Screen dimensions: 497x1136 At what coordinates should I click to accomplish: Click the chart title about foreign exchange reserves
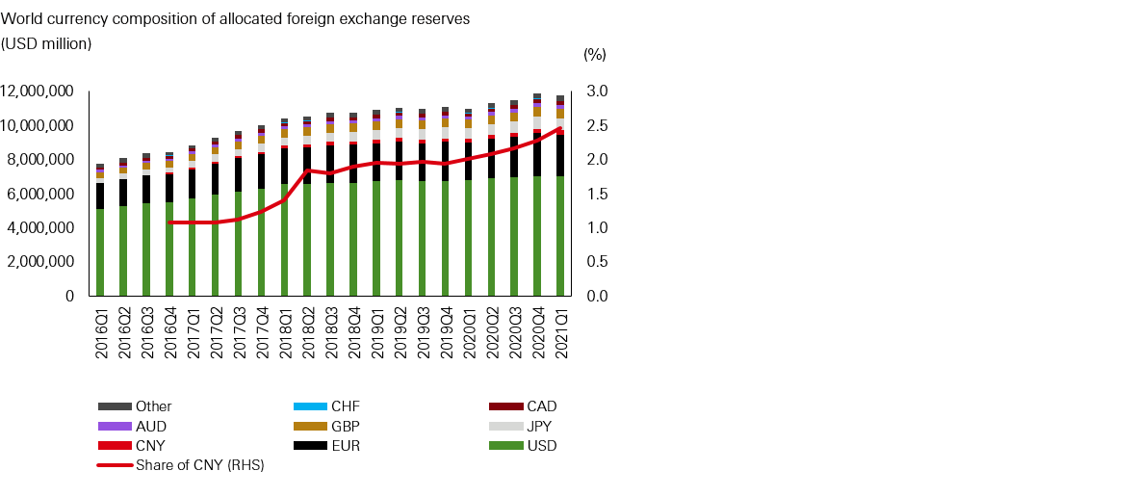pyautogui.click(x=243, y=19)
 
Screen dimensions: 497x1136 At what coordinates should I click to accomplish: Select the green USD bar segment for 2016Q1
pyautogui.click(x=100, y=252)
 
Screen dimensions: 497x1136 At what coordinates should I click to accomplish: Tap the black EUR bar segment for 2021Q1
pyautogui.click(x=560, y=154)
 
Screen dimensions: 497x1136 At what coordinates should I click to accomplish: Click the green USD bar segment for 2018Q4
pyautogui.click(x=353, y=239)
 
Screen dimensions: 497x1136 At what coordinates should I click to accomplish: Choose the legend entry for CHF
pyautogui.click(x=345, y=406)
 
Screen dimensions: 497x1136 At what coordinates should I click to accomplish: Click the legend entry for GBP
pyautogui.click(x=345, y=426)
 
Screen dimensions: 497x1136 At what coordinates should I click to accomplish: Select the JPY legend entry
pyautogui.click(x=539, y=426)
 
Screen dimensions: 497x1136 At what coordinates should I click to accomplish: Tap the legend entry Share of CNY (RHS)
pyautogui.click(x=199, y=465)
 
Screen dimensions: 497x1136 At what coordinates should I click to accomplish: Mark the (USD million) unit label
pyautogui.click(x=46, y=43)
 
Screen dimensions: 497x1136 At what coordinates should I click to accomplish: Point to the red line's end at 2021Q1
pyautogui.click(x=560, y=128)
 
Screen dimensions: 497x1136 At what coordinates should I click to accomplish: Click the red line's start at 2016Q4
pyautogui.click(x=169, y=222)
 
